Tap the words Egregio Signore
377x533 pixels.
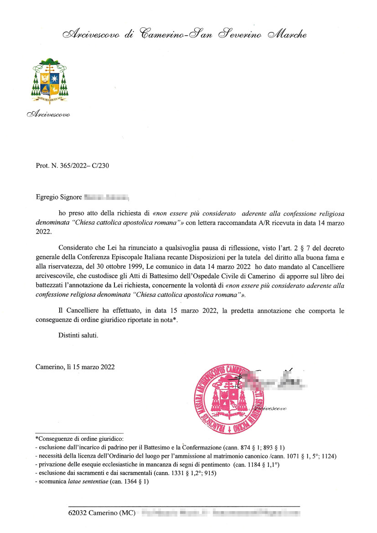[58, 198]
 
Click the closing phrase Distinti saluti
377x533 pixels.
[78, 335]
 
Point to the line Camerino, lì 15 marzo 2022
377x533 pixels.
[75, 366]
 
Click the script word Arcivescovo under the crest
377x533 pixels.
[48, 114]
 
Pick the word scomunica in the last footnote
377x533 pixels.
[53, 481]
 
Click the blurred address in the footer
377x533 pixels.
[221, 513]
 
